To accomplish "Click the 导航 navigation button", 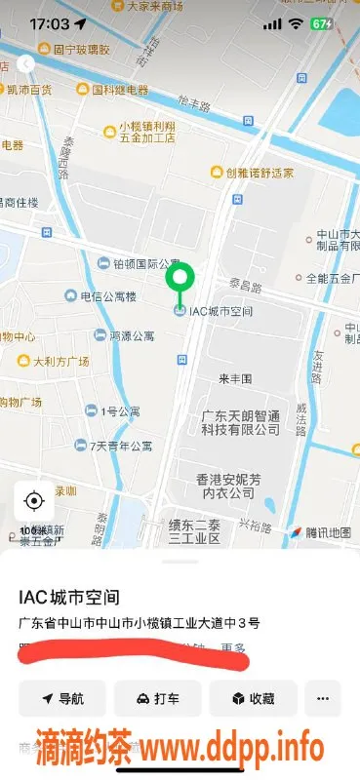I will point(62,699).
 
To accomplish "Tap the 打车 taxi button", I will point(157,699).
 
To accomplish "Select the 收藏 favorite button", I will point(253,699).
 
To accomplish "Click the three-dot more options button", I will point(323,699).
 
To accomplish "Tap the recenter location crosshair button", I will point(34,501).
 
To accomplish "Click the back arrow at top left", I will point(26,63).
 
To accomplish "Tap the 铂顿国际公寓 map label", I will point(139,263).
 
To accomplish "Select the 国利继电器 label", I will point(112,91).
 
